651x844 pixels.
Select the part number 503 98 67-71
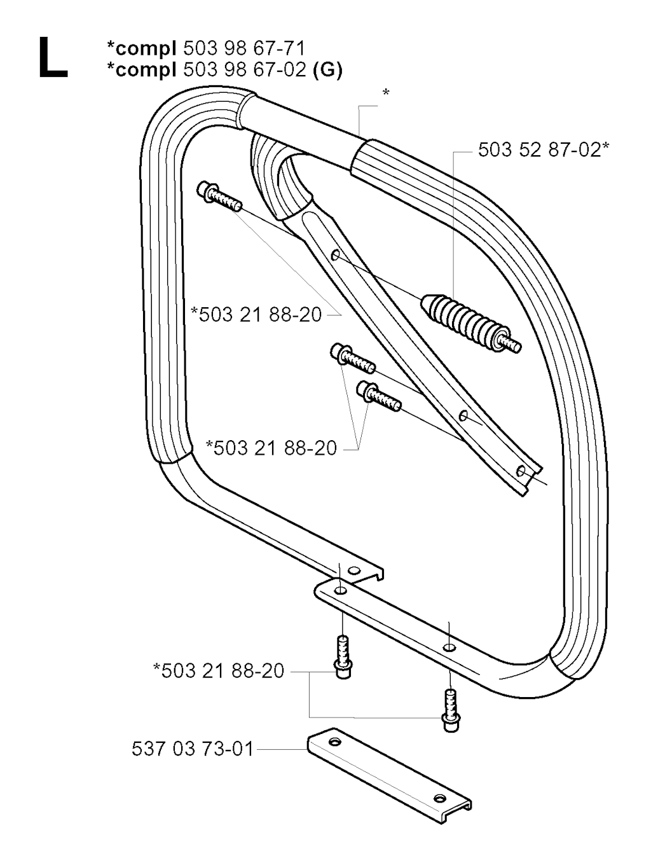(x=244, y=49)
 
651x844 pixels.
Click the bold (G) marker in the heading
(x=327, y=71)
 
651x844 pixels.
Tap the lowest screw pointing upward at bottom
(x=450, y=712)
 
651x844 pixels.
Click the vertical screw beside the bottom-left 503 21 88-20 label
(x=343, y=656)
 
